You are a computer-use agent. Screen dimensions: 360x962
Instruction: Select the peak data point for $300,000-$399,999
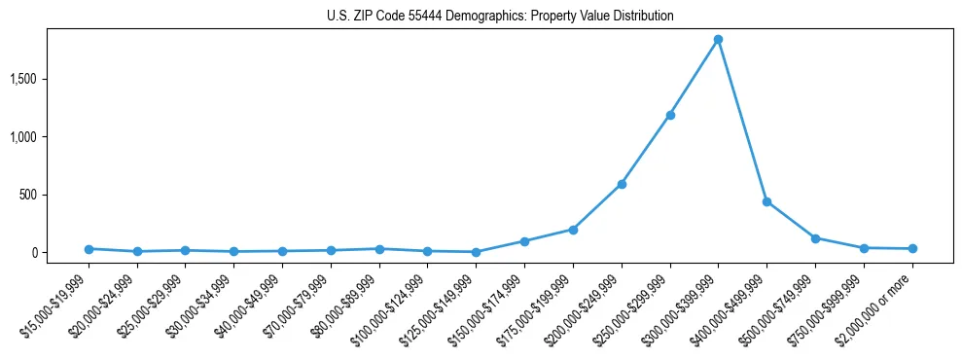pos(718,40)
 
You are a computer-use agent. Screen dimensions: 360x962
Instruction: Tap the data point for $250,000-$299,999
pos(669,115)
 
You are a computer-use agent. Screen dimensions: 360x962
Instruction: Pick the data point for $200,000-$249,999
pos(622,184)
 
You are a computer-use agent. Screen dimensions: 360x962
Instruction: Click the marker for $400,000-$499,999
pos(766,201)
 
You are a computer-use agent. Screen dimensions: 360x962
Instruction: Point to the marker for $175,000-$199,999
pos(573,230)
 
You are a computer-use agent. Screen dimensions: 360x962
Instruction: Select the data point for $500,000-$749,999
pos(815,237)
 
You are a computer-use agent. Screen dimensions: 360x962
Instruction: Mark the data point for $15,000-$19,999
pos(89,249)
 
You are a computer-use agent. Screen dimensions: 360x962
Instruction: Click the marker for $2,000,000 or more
pos(912,249)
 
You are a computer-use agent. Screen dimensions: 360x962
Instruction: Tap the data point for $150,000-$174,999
pos(524,241)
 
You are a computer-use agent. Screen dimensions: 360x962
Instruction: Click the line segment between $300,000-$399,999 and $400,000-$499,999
pos(742,121)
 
